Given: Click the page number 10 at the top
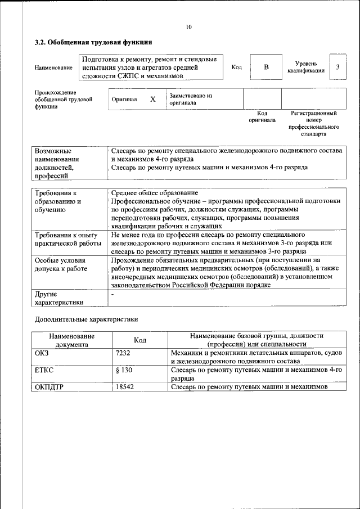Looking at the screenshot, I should coord(188,27).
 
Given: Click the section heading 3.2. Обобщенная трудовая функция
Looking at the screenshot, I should coord(93,42).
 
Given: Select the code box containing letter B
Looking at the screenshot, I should coord(267,67).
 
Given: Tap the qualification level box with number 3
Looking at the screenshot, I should coord(337,67).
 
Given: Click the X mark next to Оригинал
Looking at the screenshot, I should coord(152,99).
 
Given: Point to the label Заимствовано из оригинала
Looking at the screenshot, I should coord(191,100).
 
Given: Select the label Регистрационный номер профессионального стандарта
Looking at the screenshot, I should coord(313,124).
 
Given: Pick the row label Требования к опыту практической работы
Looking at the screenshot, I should coord(66,239).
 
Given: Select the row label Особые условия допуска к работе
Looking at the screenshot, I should coord(61,265).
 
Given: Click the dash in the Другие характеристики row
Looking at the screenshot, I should coord(113,294).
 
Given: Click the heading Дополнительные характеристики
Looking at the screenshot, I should coord(86,319).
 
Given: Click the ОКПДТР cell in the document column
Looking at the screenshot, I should coord(49,388).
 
